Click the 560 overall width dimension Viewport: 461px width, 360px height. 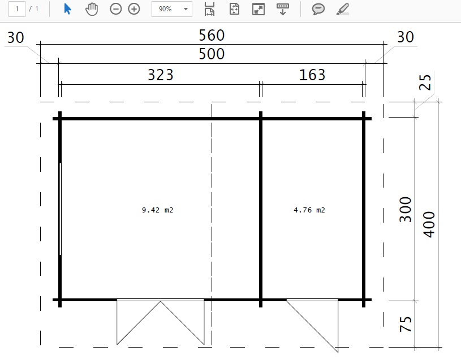pos(212,35)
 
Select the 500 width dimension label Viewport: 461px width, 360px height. pos(212,54)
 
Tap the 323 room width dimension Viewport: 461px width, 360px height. pos(161,75)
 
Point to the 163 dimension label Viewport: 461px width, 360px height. pos(312,75)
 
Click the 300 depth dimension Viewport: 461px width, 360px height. pos(406,209)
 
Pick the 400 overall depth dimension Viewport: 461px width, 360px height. pos(429,224)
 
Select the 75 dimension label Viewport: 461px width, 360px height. pos(406,324)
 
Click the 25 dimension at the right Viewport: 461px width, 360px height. pos(425,82)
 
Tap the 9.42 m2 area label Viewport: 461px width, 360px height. pos(158,210)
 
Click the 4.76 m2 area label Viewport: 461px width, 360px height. pos(309,210)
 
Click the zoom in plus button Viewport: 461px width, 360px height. pos(134,9)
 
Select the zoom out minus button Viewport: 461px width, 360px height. pos(115,9)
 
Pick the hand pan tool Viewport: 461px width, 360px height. pos(92,9)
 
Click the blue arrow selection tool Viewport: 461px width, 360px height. pos(67,9)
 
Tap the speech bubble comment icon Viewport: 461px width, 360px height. pos(318,9)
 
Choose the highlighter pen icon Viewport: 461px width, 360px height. pos(343,9)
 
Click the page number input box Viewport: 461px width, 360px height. pos(17,9)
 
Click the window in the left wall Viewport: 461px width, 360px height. pos(60,209)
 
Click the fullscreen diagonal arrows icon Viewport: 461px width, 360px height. pos(258,9)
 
